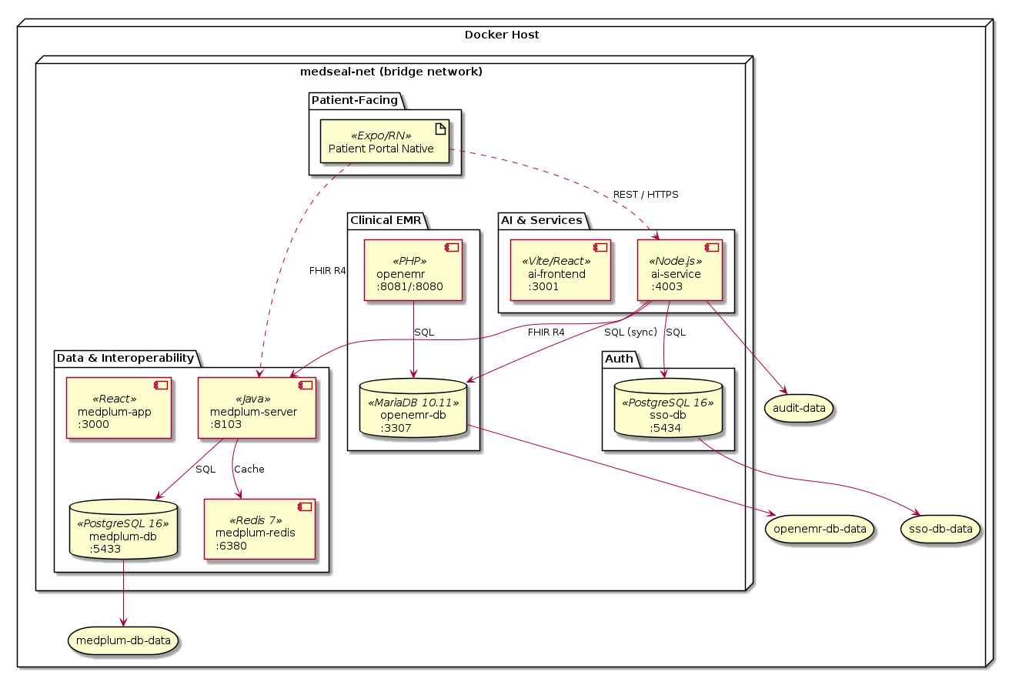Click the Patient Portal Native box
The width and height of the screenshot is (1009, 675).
point(385,142)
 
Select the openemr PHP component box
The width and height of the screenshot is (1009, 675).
point(413,269)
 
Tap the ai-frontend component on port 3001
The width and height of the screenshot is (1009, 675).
point(560,269)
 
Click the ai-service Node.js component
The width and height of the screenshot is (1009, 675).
point(680,269)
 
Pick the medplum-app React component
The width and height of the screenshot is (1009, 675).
point(119,407)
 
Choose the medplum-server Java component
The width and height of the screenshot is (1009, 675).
point(258,407)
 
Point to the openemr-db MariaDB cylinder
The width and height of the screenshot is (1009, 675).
point(414,408)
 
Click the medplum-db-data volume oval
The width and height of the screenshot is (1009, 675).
point(124,640)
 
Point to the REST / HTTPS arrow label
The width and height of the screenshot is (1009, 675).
point(646,195)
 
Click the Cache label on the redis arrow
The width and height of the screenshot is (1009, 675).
point(249,469)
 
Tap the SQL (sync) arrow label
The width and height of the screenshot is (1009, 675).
point(630,332)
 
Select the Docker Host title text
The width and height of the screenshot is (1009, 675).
point(502,35)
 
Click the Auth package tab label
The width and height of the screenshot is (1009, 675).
point(620,359)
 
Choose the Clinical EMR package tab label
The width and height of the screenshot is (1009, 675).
point(386,220)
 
